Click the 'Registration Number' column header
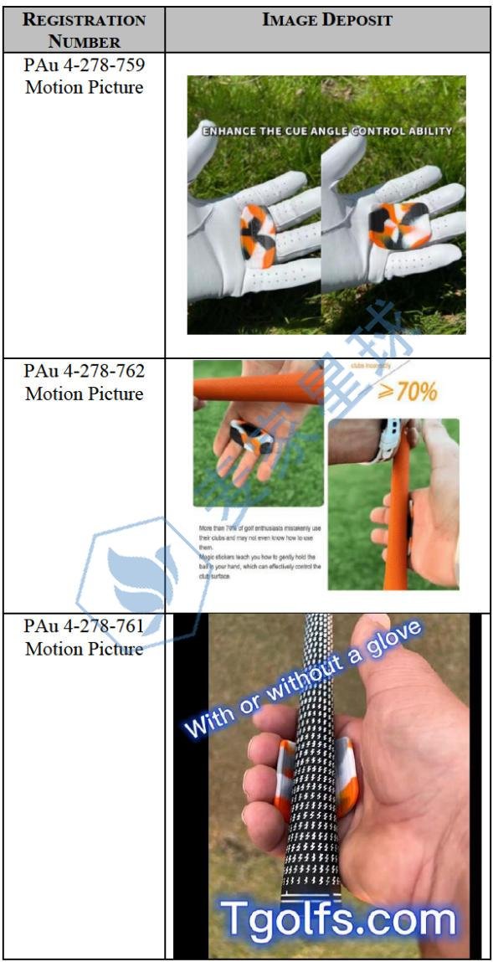coord(84,30)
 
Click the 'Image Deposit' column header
coord(326,20)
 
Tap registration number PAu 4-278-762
coord(84,370)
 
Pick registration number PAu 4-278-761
coord(84,625)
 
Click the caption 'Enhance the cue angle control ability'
coord(326,131)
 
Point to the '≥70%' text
coord(407,389)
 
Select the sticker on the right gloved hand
coord(398,224)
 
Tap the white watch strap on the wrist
coord(388,443)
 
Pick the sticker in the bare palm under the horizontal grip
coord(251,435)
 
